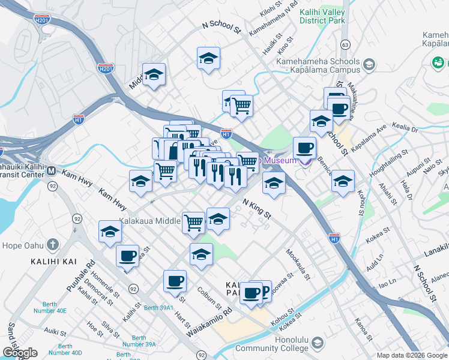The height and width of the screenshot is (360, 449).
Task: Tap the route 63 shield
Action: click(345, 44)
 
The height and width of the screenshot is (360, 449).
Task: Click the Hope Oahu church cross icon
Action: click(53, 244)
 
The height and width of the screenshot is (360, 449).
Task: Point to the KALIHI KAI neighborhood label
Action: click(52, 262)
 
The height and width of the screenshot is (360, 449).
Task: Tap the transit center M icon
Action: click(52, 171)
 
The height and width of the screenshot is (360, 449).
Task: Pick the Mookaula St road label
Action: click(298, 265)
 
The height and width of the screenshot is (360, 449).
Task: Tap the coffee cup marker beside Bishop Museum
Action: click(304, 147)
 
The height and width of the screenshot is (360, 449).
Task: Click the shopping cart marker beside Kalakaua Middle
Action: click(193, 222)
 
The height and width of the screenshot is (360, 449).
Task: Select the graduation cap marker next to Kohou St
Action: click(343, 181)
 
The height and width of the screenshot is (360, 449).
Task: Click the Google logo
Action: click(20, 353)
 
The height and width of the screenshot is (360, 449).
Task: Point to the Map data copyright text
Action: click(411, 355)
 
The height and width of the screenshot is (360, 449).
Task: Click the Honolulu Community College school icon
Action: click(317, 343)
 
